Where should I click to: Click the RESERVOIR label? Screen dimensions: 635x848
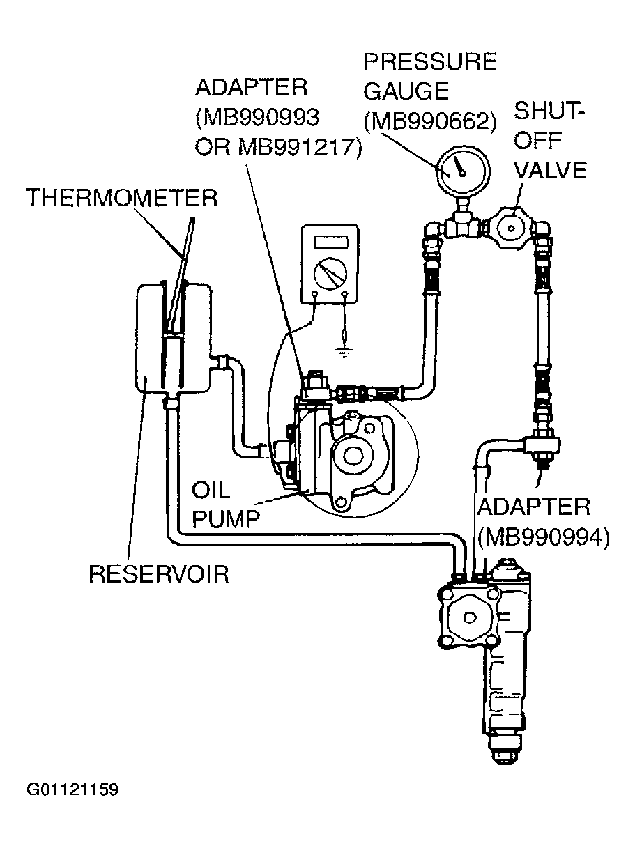click(x=159, y=573)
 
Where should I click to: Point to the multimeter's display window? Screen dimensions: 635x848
click(x=331, y=242)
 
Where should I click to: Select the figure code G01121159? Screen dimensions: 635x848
click(x=72, y=789)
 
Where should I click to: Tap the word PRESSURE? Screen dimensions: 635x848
click(x=430, y=62)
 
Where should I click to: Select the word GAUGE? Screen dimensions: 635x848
click(x=406, y=91)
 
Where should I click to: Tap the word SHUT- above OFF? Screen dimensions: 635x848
click(x=549, y=111)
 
